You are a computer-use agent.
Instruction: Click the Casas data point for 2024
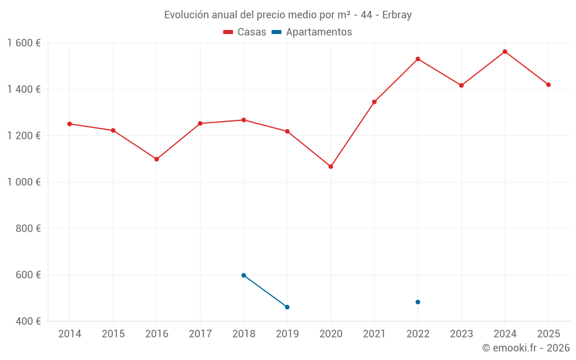505,52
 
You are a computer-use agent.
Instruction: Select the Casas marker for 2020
331,166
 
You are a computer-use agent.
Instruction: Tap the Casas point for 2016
157,159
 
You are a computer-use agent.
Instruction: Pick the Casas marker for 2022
418,59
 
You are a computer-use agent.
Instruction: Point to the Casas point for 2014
70,124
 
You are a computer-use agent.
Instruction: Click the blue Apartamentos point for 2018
244,275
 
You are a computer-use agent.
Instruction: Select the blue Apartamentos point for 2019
287,307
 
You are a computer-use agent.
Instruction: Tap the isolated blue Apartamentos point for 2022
418,302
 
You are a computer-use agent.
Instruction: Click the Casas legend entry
245,32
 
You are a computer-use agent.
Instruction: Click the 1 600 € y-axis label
24,43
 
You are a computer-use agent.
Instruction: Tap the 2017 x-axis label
200,334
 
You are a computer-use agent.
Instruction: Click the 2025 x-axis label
548,334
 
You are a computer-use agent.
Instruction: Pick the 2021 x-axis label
374,334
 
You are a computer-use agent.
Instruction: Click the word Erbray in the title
397,15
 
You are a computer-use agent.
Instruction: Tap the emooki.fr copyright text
526,348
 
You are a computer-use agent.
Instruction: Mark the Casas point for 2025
548,85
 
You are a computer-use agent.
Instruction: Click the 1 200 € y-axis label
24,136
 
